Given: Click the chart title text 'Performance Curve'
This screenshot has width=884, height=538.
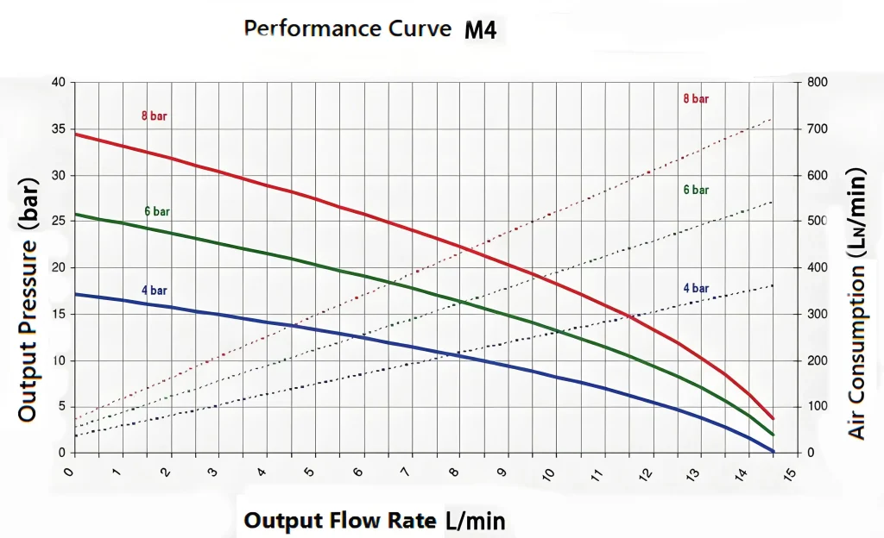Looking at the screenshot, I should [x=348, y=28].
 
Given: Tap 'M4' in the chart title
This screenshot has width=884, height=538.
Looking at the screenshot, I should [x=480, y=31].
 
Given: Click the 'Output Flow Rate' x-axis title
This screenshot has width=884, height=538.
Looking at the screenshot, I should [x=342, y=521].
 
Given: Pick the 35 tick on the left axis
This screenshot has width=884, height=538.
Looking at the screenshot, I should [x=58, y=129].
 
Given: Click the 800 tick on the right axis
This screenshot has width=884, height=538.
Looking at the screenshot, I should [x=817, y=83].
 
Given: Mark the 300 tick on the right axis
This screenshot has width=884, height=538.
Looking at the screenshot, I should [x=817, y=315].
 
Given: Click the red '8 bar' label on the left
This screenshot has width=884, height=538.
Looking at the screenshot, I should [x=155, y=116].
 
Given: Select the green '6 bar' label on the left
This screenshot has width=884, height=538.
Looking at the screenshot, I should [x=157, y=211].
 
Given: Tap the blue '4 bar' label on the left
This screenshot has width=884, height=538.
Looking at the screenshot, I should [x=155, y=290].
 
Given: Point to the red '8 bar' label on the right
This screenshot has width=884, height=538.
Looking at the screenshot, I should [x=696, y=99].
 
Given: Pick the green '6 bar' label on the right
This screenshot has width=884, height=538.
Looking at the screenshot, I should [x=696, y=190].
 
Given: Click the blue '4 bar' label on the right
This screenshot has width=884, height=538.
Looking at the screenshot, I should [x=696, y=288].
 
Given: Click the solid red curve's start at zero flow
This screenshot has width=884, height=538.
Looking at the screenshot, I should [x=76, y=134].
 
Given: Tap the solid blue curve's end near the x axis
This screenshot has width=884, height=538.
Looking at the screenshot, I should [x=773, y=452].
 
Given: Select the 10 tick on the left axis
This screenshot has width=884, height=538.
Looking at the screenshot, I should [x=58, y=360].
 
